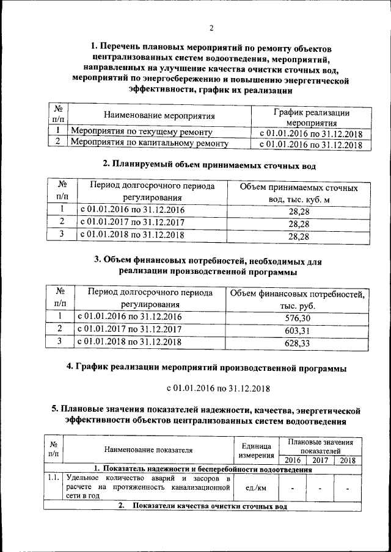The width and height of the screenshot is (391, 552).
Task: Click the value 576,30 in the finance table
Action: pos(298,318)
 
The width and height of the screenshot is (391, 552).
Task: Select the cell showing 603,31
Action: pos(298,330)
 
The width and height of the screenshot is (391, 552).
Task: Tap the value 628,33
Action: pos(298,343)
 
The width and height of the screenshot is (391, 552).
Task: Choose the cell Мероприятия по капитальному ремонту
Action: pos(150,143)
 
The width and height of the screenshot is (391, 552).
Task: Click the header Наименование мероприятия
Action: pos(159,115)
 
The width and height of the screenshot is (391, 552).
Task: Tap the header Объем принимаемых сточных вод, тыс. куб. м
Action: pos(298,193)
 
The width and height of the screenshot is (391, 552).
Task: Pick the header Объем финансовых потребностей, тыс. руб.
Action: pos(298,299)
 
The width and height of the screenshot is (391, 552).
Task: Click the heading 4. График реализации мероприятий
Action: pos(206,368)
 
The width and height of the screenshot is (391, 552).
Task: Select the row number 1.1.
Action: pos(54,478)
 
